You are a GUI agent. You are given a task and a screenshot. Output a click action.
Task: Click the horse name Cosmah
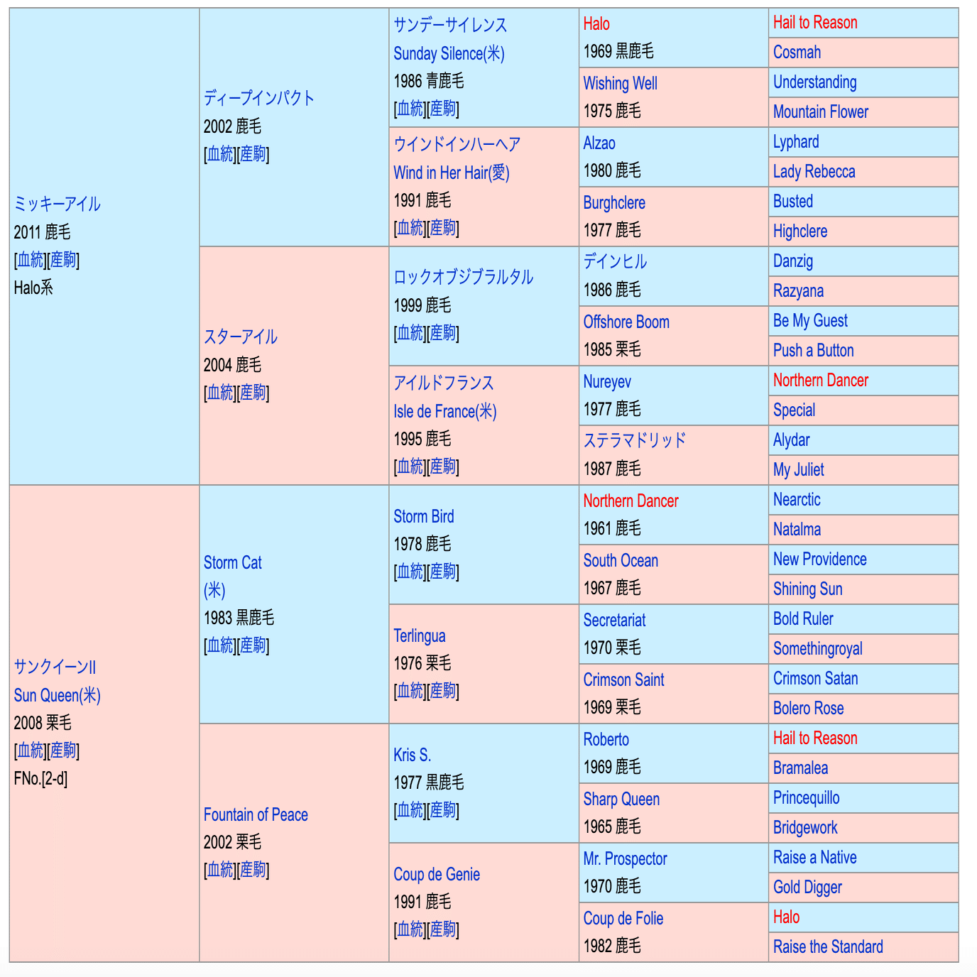pos(797,53)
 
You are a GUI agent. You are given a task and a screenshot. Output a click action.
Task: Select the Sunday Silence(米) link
pos(449,53)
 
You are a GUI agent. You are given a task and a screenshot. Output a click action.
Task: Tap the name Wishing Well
pos(620,83)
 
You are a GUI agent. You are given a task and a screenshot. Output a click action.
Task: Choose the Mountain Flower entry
pos(820,112)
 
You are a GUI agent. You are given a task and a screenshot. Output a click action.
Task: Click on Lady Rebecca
pos(814,172)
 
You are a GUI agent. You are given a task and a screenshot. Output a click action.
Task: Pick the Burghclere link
pos(614,203)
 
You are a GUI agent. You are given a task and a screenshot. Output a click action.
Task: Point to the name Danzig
pos(792,261)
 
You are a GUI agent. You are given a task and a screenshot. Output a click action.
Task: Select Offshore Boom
pos(626,322)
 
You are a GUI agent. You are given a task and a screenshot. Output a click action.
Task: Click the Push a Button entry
pos(813,351)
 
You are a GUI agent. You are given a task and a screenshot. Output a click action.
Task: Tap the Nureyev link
pos(607,382)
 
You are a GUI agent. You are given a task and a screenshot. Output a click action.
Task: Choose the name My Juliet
pos(798,470)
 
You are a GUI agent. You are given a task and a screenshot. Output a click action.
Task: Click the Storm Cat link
pos(232,563)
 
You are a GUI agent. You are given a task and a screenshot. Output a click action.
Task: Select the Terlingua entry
pos(420,636)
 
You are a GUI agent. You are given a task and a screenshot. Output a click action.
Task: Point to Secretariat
pos(614,621)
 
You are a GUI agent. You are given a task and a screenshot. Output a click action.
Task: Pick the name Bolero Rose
pos(808,709)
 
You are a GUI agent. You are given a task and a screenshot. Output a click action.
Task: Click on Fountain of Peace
pos(256,815)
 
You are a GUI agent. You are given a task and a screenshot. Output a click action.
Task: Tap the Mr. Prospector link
pos(625,859)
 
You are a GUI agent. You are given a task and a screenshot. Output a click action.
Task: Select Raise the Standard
pos(828,947)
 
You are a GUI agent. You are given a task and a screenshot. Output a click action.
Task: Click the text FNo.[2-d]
pos(40,779)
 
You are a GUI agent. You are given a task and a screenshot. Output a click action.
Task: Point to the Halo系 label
pos(33,288)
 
